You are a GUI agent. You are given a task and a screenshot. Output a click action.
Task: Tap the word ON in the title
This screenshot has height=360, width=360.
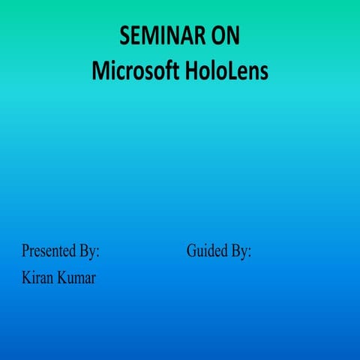(x=223, y=37)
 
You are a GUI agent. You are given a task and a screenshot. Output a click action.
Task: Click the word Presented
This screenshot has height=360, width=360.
(x=48, y=251)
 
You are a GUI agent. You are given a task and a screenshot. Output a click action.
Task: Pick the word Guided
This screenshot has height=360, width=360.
(x=207, y=251)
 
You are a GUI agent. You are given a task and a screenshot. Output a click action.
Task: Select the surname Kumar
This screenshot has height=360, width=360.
(x=78, y=279)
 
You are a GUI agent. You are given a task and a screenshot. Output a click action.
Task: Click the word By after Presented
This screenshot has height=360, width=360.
(x=87, y=251)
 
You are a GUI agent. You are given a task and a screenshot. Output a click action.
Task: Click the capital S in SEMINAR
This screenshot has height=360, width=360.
(x=124, y=37)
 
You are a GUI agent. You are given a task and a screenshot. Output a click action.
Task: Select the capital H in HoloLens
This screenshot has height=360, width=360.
(x=190, y=71)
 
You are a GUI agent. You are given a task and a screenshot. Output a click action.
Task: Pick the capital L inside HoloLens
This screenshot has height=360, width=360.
(x=226, y=71)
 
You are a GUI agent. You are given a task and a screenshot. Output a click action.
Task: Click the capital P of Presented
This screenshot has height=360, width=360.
(x=25, y=251)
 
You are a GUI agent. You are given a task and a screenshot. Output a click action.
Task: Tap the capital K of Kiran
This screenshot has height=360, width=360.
(x=26, y=279)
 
